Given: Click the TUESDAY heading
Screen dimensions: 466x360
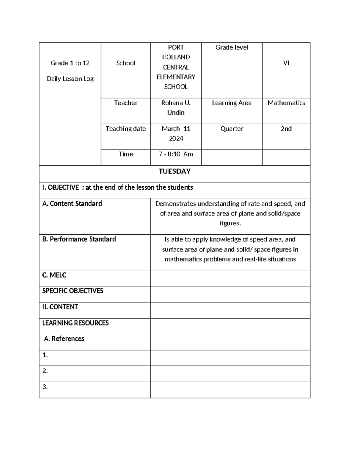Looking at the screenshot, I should click(x=174, y=171).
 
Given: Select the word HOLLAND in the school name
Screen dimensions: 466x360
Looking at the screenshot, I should click(x=176, y=57).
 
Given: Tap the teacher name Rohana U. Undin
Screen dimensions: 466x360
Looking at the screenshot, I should click(x=176, y=108).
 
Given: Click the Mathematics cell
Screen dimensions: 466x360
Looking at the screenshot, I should click(x=286, y=103).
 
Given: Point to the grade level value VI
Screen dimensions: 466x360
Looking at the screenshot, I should click(x=286, y=63).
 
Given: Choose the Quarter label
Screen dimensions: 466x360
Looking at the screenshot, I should click(x=232, y=129).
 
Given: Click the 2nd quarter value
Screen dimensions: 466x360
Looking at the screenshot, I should click(x=286, y=129).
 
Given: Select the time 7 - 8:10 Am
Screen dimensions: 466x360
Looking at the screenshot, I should click(x=176, y=154).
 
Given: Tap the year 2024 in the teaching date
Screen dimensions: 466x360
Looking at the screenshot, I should click(x=176, y=139).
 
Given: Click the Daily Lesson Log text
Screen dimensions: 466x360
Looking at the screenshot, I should click(x=70, y=79).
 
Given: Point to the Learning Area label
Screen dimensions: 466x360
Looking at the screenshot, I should click(x=232, y=103).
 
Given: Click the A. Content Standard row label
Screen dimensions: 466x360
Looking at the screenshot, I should click(x=72, y=203).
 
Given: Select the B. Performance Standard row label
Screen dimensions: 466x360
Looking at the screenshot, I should click(x=79, y=239).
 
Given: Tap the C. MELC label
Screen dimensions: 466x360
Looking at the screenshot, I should click(x=54, y=275).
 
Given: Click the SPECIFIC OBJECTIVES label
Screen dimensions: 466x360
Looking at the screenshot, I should click(x=73, y=291).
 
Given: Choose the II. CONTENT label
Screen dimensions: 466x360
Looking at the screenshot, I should click(x=60, y=307).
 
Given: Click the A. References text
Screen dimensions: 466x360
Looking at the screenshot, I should click(x=64, y=339).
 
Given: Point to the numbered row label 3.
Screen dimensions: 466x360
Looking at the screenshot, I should click(x=45, y=387).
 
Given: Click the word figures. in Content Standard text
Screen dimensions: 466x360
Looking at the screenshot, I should click(x=230, y=224).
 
